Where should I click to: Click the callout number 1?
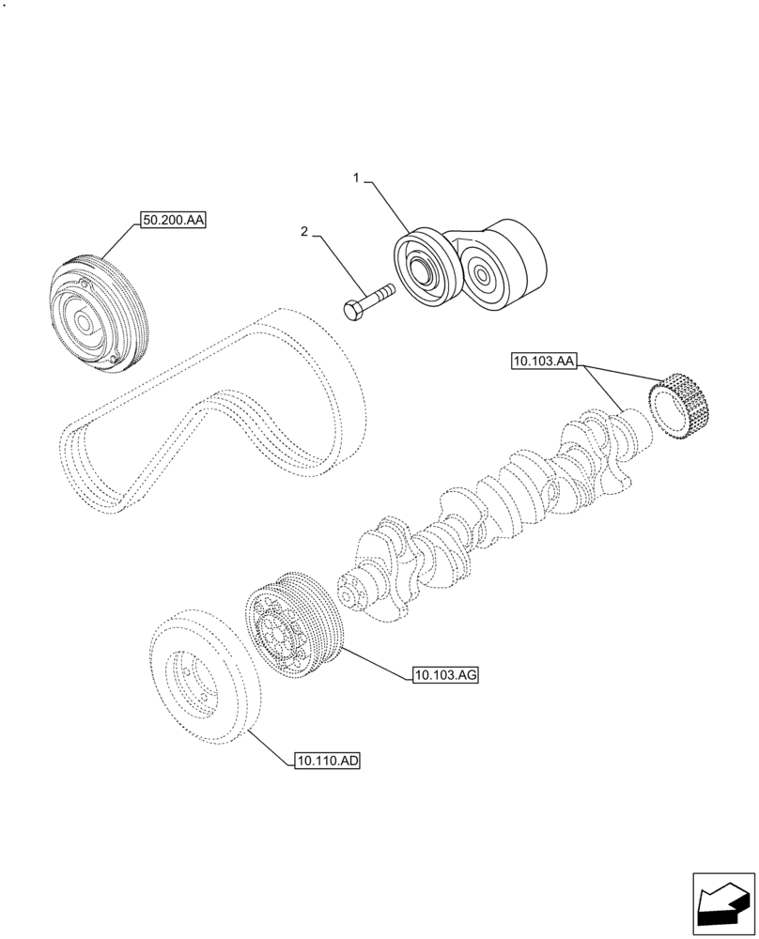click(x=356, y=177)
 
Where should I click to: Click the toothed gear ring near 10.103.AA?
click(x=683, y=404)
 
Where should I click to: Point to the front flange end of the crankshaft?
click(x=352, y=592)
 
